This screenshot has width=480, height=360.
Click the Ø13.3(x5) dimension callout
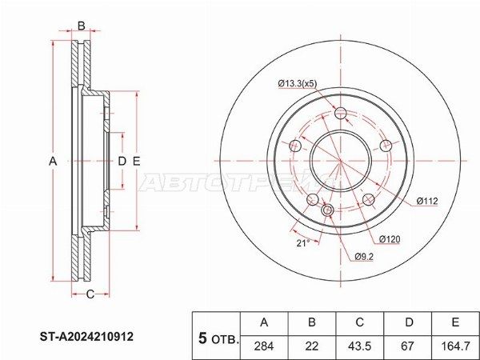[298, 83]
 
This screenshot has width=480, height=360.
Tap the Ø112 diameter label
[427, 201]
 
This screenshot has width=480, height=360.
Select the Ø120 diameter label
[390, 239]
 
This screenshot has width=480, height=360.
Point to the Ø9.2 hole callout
[364, 257]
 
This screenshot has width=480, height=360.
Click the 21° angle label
[302, 243]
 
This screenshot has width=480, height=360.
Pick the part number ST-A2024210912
[86, 337]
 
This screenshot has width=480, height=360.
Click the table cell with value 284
[264, 346]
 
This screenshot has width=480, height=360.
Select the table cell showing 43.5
[359, 346]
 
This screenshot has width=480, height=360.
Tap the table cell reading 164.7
[455, 346]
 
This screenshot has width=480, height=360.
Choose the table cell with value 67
[407, 346]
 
